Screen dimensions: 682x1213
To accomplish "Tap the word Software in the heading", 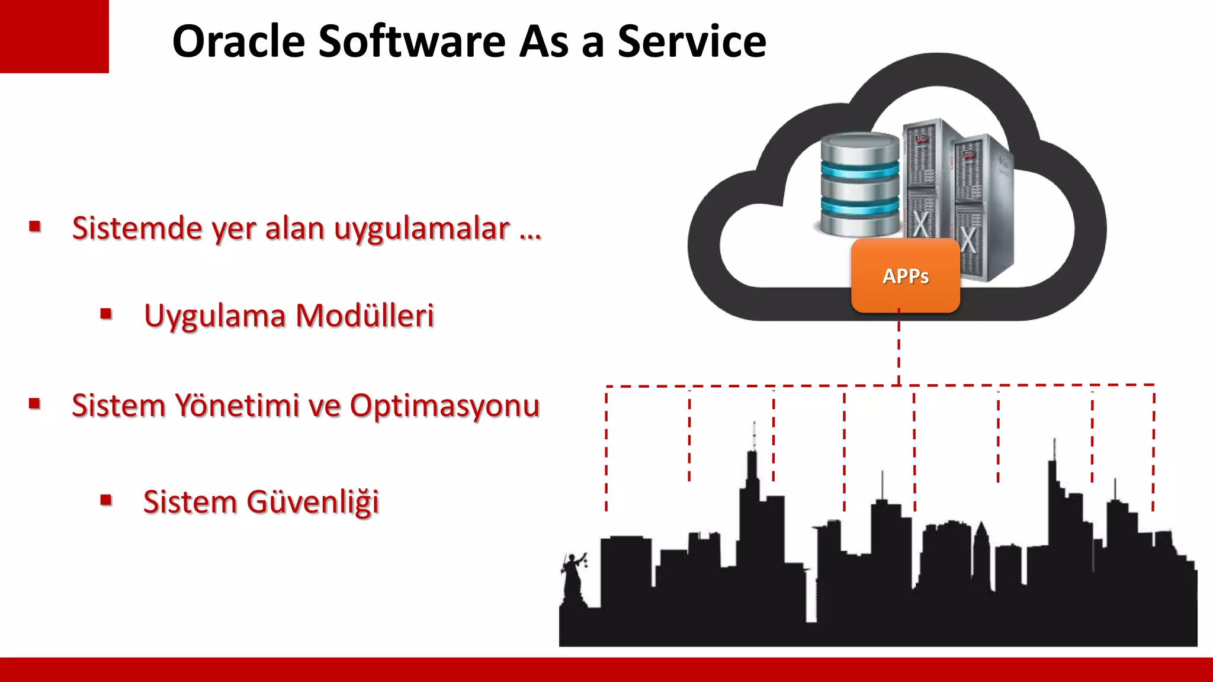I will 412,41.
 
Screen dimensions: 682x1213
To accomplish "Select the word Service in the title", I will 692,41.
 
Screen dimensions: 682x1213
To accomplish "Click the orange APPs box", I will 905,276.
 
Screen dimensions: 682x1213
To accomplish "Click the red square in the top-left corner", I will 54,36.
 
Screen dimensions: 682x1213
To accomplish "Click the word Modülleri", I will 364,316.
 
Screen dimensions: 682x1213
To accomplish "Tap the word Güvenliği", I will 312,503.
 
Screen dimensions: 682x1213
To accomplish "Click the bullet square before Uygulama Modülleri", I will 107,314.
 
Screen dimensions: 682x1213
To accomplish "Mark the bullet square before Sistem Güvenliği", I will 107,500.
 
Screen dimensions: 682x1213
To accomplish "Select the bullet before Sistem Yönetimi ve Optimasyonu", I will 35,404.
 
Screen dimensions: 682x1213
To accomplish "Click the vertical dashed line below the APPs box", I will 898,349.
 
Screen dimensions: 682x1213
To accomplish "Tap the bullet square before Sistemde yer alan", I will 35,226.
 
